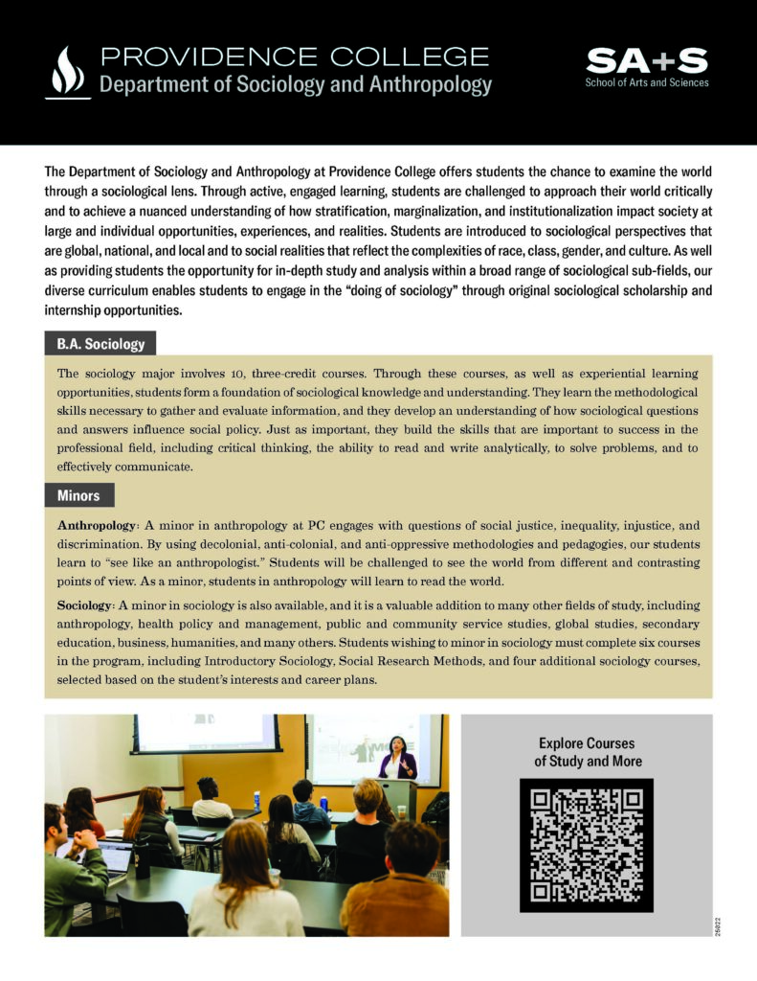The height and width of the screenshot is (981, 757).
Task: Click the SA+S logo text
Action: [x=646, y=61]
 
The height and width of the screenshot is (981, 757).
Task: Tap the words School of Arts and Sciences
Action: [x=647, y=83]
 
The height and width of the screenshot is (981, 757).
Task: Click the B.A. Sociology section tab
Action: [x=100, y=343]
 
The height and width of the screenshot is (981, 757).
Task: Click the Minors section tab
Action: [x=78, y=495]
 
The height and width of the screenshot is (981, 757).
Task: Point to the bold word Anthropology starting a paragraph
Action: [x=99, y=526]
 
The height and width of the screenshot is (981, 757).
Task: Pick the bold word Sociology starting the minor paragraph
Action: [x=85, y=606]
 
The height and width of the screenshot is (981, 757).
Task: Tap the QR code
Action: [x=586, y=845]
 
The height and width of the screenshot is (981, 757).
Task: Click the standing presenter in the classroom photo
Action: [x=397, y=757]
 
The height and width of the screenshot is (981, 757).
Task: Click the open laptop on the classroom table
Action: [x=115, y=856]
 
